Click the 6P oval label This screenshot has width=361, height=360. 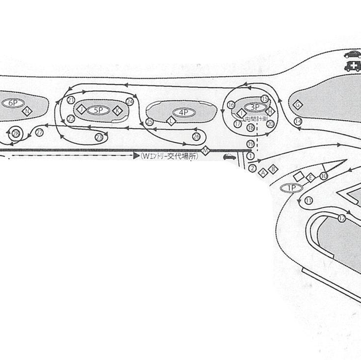tap(13, 103)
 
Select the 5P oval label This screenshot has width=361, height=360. tap(98, 110)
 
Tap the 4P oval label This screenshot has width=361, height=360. tap(184, 112)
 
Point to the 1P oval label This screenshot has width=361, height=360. tap(291, 188)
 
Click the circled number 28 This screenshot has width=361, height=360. tap(16, 133)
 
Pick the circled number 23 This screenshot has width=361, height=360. tap(100, 137)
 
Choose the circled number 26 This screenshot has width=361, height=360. tap(196, 136)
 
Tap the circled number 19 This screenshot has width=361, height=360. tap(250, 144)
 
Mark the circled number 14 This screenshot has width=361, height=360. tap(298, 121)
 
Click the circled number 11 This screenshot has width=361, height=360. tap(308, 200)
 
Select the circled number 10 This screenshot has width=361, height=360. tap(324, 176)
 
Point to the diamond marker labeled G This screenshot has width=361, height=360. tap(297, 104)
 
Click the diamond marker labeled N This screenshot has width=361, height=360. tap(27, 111)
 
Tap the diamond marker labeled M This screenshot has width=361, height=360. tap(206, 149)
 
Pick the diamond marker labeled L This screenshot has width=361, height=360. tap(171, 120)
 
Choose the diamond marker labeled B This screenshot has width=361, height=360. tap(274, 169)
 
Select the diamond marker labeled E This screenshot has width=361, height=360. tap(310, 177)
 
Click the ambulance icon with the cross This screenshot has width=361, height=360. tap(352, 67)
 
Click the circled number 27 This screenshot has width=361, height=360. tap(39, 133)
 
